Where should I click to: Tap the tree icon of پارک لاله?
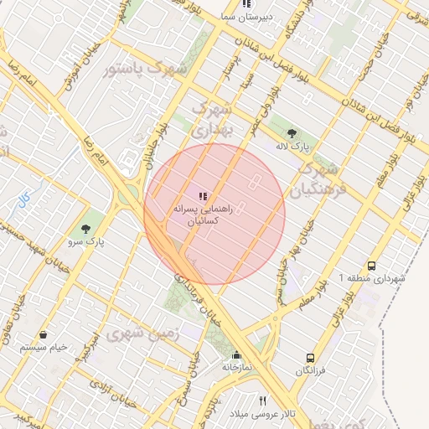pyautogui.click(x=292, y=133)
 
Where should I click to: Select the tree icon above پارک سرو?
pyautogui.click(x=86, y=228)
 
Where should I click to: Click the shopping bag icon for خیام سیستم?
pyautogui.click(x=43, y=334)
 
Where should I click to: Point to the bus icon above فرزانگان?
pyautogui.click(x=311, y=357)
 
